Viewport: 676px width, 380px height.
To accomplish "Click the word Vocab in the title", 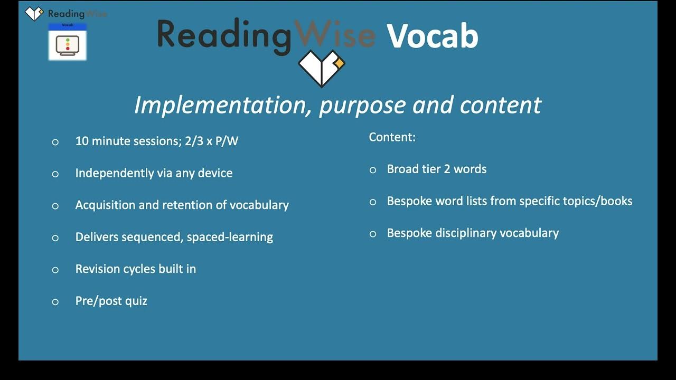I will (432, 36).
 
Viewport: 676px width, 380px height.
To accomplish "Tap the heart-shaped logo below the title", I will (321, 68).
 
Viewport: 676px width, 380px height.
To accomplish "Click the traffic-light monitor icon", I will (67, 45).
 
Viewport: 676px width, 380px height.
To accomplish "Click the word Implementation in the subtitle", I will (223, 105).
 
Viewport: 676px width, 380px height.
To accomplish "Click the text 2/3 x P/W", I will (211, 141).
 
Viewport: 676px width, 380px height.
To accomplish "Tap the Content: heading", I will (392, 137).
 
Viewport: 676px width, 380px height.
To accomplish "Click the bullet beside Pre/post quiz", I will (55, 302).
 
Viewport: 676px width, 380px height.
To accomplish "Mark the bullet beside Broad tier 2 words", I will (373, 170).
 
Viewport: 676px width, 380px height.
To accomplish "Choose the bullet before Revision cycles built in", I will (55, 270).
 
